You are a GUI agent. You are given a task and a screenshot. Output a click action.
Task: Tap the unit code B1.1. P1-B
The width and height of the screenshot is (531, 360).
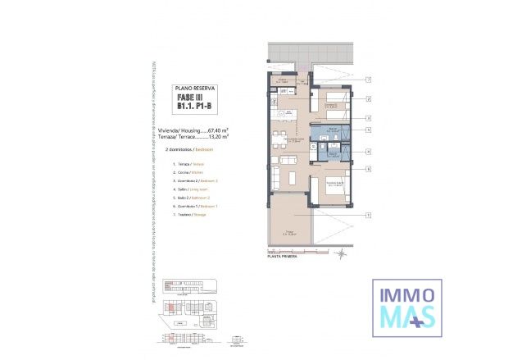click(195, 106)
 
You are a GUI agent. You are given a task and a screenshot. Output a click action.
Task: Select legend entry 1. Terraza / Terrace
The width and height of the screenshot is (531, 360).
click(188, 165)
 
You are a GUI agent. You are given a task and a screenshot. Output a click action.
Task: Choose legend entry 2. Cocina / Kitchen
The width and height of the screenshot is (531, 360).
click(188, 173)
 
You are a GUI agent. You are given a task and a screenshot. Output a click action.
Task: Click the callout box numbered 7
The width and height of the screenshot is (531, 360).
click(370, 80)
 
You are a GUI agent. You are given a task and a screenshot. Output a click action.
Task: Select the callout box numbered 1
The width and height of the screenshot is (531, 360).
click(370, 215)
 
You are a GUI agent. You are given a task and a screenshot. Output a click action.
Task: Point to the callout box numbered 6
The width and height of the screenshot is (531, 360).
click(370, 169)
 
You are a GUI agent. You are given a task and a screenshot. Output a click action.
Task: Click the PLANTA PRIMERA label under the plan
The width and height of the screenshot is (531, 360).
click(282, 257)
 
